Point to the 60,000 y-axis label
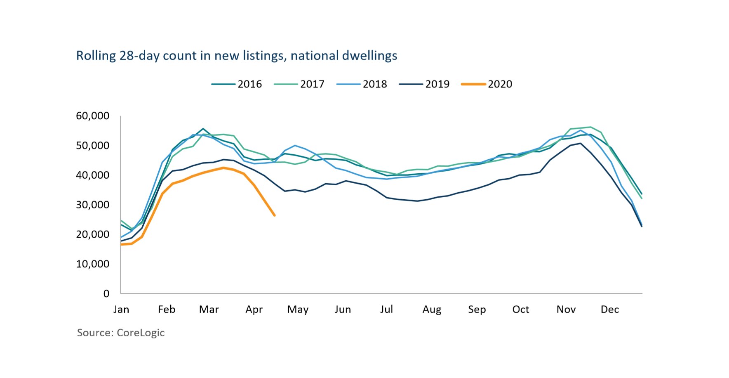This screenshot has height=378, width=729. tap(93, 116)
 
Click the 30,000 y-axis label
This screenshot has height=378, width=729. tap(93, 205)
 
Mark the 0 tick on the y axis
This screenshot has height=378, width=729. tap(106, 293)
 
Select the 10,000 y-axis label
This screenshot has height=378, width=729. tap(93, 264)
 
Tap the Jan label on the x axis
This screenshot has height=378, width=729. tap(121, 309)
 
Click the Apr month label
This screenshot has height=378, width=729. tap(254, 309)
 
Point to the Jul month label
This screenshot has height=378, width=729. tap(386, 309)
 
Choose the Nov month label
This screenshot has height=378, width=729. tap(566, 309)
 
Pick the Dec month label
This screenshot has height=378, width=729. tap(609, 309)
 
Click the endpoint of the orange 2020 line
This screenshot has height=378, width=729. tap(275, 215)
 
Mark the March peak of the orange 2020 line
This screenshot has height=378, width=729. tap(223, 168)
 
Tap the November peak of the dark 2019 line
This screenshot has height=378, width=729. tap(581, 143)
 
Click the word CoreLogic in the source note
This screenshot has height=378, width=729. tap(141, 333)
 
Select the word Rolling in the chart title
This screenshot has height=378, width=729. tap(96, 56)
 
